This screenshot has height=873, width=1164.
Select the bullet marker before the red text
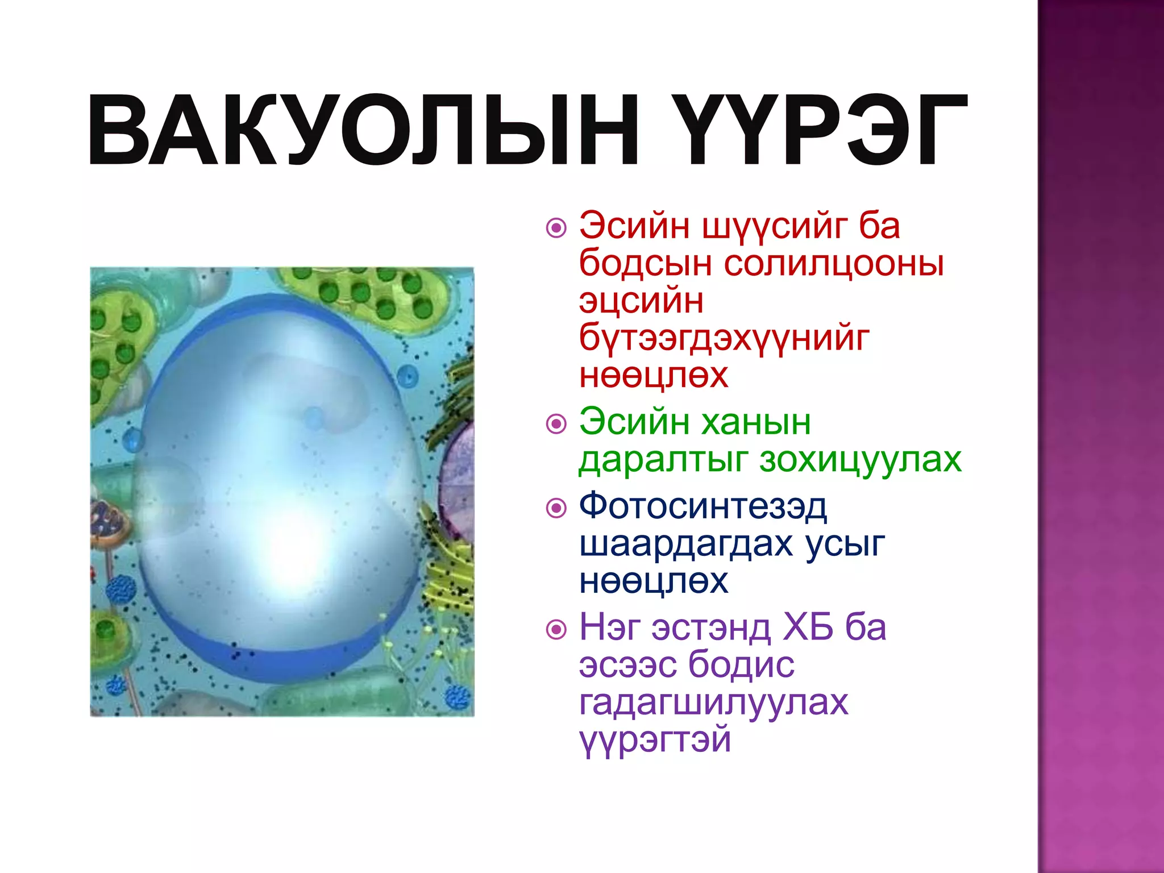click(x=556, y=228)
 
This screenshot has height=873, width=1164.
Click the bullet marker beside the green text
click(x=556, y=424)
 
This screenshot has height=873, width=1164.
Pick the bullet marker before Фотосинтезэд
click(x=556, y=508)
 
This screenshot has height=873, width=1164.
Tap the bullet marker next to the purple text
click(x=556, y=629)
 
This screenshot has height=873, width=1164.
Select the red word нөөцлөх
click(x=654, y=376)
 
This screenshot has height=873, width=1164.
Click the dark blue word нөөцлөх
click(x=654, y=581)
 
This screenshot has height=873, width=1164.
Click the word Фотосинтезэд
click(x=703, y=507)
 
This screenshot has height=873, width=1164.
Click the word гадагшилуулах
click(x=713, y=702)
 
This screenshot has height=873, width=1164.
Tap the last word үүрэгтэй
click(x=655, y=740)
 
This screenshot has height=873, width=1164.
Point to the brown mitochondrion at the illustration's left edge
click(x=108, y=523)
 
